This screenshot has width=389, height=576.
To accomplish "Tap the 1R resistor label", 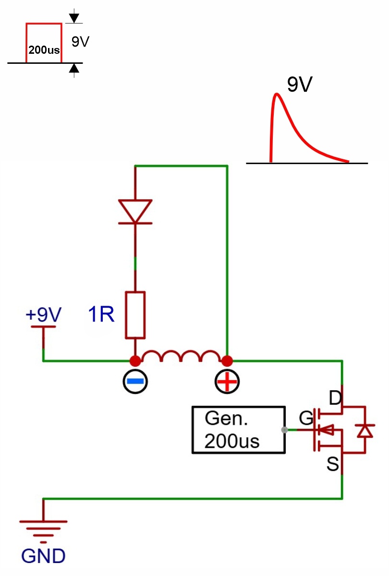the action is (x=101, y=314).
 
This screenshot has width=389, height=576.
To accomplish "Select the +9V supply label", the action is (x=44, y=314).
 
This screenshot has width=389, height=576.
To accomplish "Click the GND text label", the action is (x=43, y=556).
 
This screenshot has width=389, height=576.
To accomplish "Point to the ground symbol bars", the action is (x=43, y=532).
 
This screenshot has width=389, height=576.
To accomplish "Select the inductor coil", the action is (x=181, y=356).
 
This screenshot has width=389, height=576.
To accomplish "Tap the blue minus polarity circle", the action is (x=135, y=381).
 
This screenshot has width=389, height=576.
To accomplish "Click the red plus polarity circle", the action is (x=227, y=381).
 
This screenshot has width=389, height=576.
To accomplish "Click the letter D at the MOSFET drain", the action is (x=335, y=398).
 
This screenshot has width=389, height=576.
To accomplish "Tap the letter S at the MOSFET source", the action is (x=332, y=464).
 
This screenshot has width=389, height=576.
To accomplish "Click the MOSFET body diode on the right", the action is (x=365, y=431).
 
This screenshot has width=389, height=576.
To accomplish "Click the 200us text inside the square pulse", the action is (x=44, y=50).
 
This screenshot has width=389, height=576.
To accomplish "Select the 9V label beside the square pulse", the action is (x=80, y=41).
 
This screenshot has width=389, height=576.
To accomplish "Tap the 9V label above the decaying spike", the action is (x=300, y=84).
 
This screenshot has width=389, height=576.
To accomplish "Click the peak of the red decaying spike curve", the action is (x=276, y=94).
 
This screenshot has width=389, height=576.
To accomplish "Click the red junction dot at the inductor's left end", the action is (x=135, y=361).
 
